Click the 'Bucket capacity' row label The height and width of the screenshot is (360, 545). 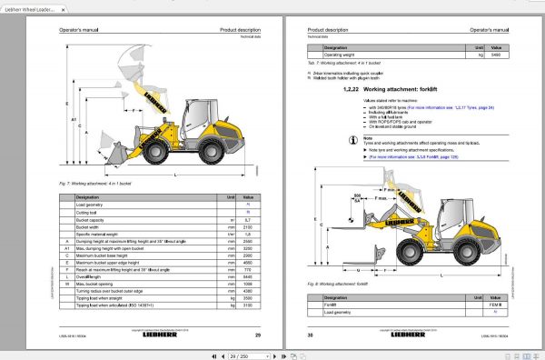pyautogui.click(x=94, y=220)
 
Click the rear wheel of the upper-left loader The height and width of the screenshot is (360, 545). pyautogui.click(x=208, y=152)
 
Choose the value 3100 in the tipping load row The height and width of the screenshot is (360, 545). pyautogui.click(x=246, y=306)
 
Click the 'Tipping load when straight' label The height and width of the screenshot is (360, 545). pyautogui.click(x=105, y=299)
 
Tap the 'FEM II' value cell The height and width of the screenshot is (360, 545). pyautogui.click(x=496, y=305)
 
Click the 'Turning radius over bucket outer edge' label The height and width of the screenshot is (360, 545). pyautogui.click(x=119, y=290)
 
